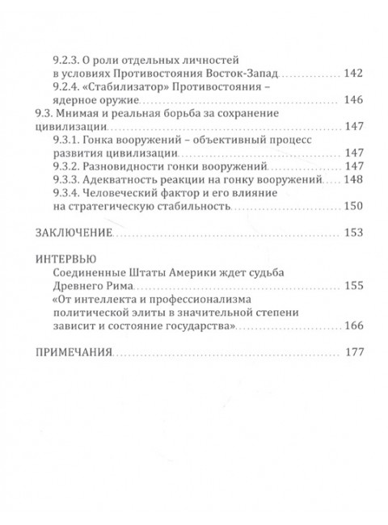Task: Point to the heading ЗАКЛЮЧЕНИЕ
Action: click(x=72, y=233)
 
